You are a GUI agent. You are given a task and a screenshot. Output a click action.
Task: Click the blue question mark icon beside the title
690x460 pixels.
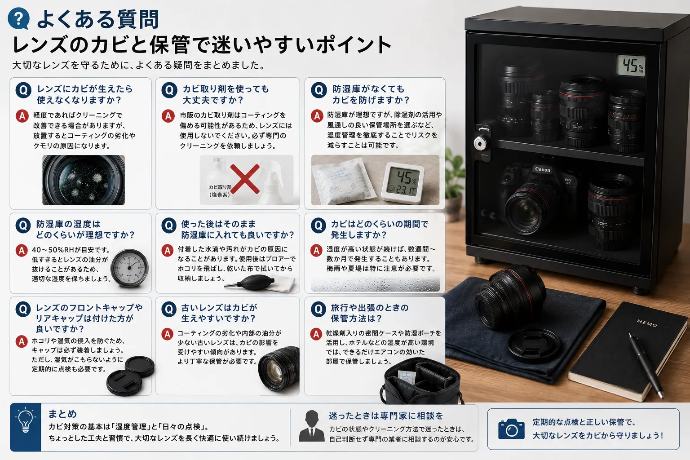tap(19, 18)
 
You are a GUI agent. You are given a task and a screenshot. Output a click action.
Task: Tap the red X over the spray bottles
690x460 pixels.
tap(245, 179)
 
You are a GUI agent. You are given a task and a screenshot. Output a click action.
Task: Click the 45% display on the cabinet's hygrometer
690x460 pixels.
tap(631, 66)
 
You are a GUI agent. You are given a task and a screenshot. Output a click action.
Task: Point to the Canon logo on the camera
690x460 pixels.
tap(543, 169)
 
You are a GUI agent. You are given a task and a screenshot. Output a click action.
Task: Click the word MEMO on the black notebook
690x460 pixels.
tap(647, 323)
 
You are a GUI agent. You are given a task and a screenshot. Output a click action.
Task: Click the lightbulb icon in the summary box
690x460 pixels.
tap(25, 420)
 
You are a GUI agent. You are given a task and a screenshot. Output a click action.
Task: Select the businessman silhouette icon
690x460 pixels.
tap(311, 426)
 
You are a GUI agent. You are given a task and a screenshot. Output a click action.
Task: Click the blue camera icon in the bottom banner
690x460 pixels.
tap(511, 429)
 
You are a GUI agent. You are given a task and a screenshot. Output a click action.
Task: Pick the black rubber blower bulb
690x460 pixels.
tap(254, 283)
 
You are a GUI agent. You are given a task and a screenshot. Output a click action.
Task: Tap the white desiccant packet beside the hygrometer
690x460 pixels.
tap(343, 181)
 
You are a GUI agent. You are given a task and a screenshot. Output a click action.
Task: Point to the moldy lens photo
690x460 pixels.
tap(84, 180)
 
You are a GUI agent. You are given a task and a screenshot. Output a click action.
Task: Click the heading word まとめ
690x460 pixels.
tap(62, 413)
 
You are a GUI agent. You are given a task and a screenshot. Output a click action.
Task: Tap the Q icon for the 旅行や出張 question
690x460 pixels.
tap(318, 309)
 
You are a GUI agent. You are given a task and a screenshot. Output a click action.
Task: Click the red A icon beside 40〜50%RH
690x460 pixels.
tap(22, 251)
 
